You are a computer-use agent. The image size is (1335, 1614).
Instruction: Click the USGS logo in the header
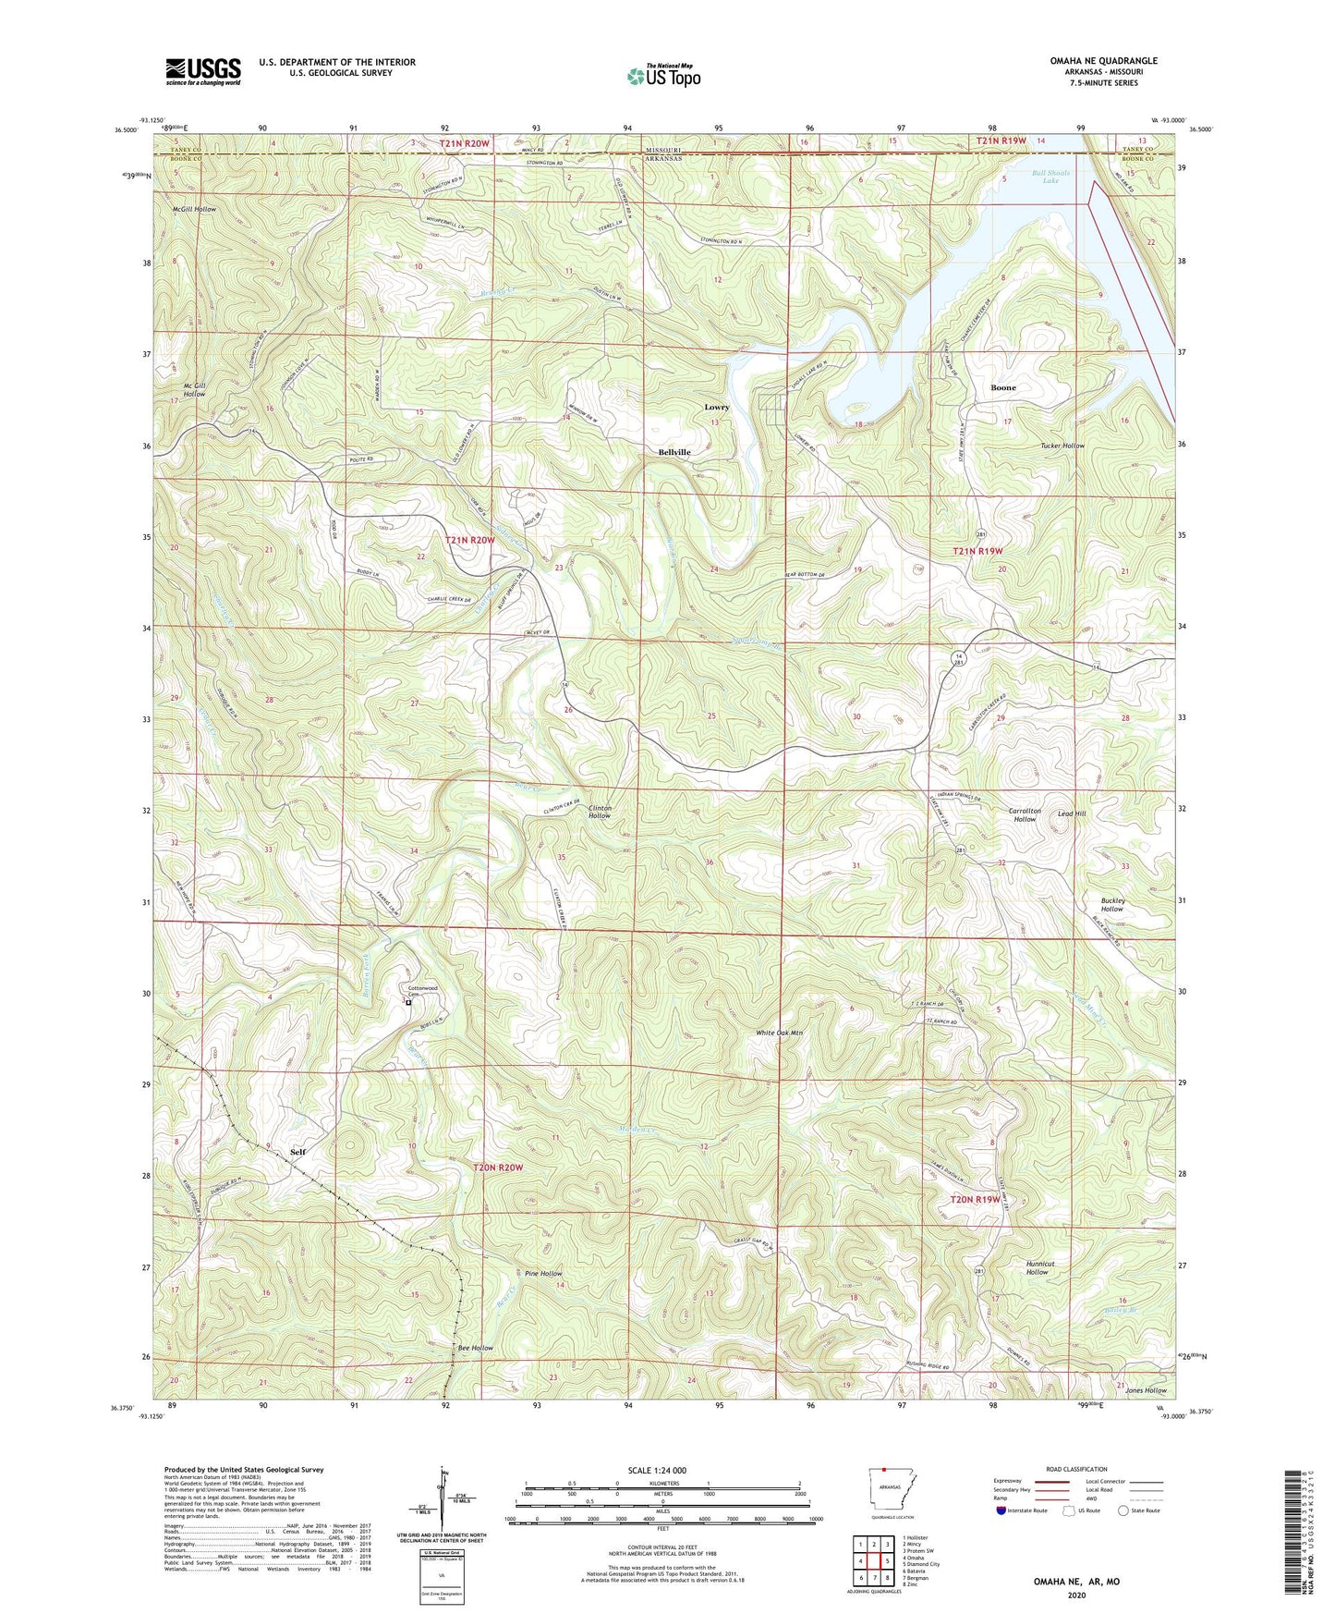[203, 71]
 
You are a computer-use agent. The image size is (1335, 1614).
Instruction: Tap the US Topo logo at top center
[662, 76]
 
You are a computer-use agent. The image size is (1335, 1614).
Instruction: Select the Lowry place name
[717, 407]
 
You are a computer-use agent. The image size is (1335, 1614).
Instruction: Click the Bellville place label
[674, 452]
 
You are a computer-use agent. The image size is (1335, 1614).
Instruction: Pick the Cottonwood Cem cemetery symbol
[408, 1001]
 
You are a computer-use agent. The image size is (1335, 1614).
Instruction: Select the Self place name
[297, 1152]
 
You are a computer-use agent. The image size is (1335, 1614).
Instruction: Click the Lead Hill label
[1072, 813]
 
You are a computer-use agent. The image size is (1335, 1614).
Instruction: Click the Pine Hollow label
[543, 1273]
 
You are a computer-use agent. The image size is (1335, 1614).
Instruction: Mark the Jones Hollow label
[1146, 1390]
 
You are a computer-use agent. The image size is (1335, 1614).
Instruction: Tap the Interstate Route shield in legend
[1003, 1510]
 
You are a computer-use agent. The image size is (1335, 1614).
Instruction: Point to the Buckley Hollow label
[1111, 904]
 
